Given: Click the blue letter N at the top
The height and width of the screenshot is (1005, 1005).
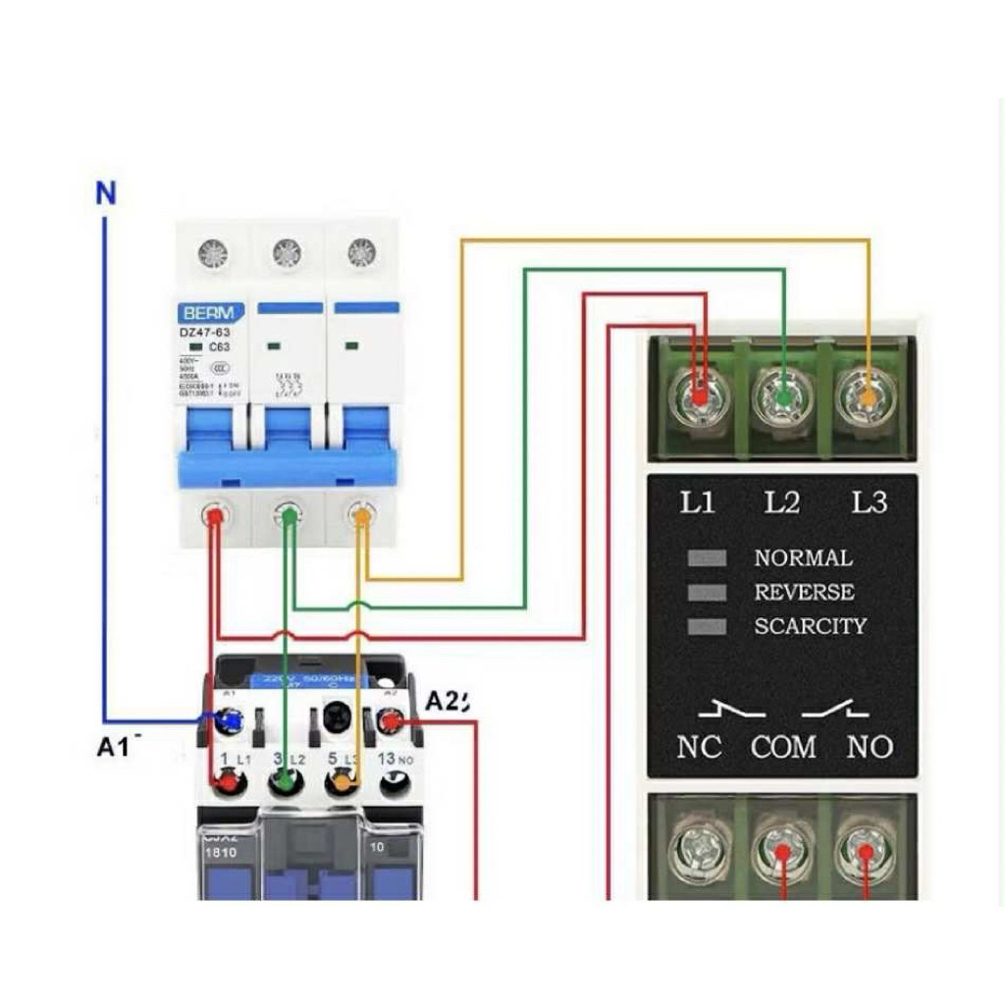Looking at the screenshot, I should [106, 193].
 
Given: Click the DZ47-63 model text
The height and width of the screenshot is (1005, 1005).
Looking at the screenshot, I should [204, 333].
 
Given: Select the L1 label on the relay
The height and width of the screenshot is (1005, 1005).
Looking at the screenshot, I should [698, 502].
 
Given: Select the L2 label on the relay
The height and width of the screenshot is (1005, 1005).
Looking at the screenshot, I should [782, 502].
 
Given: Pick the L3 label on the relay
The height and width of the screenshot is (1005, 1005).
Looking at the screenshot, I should [869, 502].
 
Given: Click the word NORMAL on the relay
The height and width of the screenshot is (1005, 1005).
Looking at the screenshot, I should [803, 558].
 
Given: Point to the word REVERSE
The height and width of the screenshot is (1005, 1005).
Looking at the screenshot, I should [804, 592].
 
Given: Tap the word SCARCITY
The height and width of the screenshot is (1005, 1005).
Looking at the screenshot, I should [810, 625].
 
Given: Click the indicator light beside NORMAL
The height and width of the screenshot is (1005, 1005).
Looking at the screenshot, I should [707, 558].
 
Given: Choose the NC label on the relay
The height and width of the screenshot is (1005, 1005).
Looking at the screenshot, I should [699, 747].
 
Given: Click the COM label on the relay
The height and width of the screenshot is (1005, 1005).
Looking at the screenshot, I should [783, 747].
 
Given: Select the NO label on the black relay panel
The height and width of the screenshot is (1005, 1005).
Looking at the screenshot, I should [870, 747].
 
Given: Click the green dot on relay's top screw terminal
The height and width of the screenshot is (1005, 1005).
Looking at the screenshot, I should [783, 398].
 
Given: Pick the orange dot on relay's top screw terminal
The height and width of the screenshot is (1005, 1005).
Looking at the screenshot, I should [869, 398].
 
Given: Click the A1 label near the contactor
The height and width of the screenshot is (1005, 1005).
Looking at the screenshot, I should [113, 746].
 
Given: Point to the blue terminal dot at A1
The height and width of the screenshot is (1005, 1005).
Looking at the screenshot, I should [232, 722].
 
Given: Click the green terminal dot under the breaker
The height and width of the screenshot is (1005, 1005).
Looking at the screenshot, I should [288, 514].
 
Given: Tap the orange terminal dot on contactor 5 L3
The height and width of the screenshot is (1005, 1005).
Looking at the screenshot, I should [341, 783].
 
